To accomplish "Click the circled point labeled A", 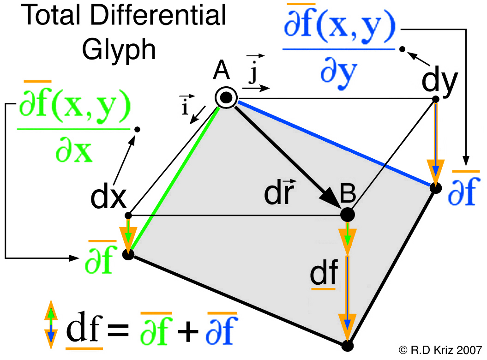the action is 226,97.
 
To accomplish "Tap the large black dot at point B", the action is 347,214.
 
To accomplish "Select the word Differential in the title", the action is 158,15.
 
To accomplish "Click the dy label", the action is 439,80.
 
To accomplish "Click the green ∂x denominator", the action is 74,151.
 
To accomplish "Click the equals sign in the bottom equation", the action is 118,330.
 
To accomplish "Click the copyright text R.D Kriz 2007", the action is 440,350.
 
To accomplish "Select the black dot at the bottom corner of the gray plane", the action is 348,346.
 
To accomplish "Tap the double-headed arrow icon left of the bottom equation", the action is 51,324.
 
